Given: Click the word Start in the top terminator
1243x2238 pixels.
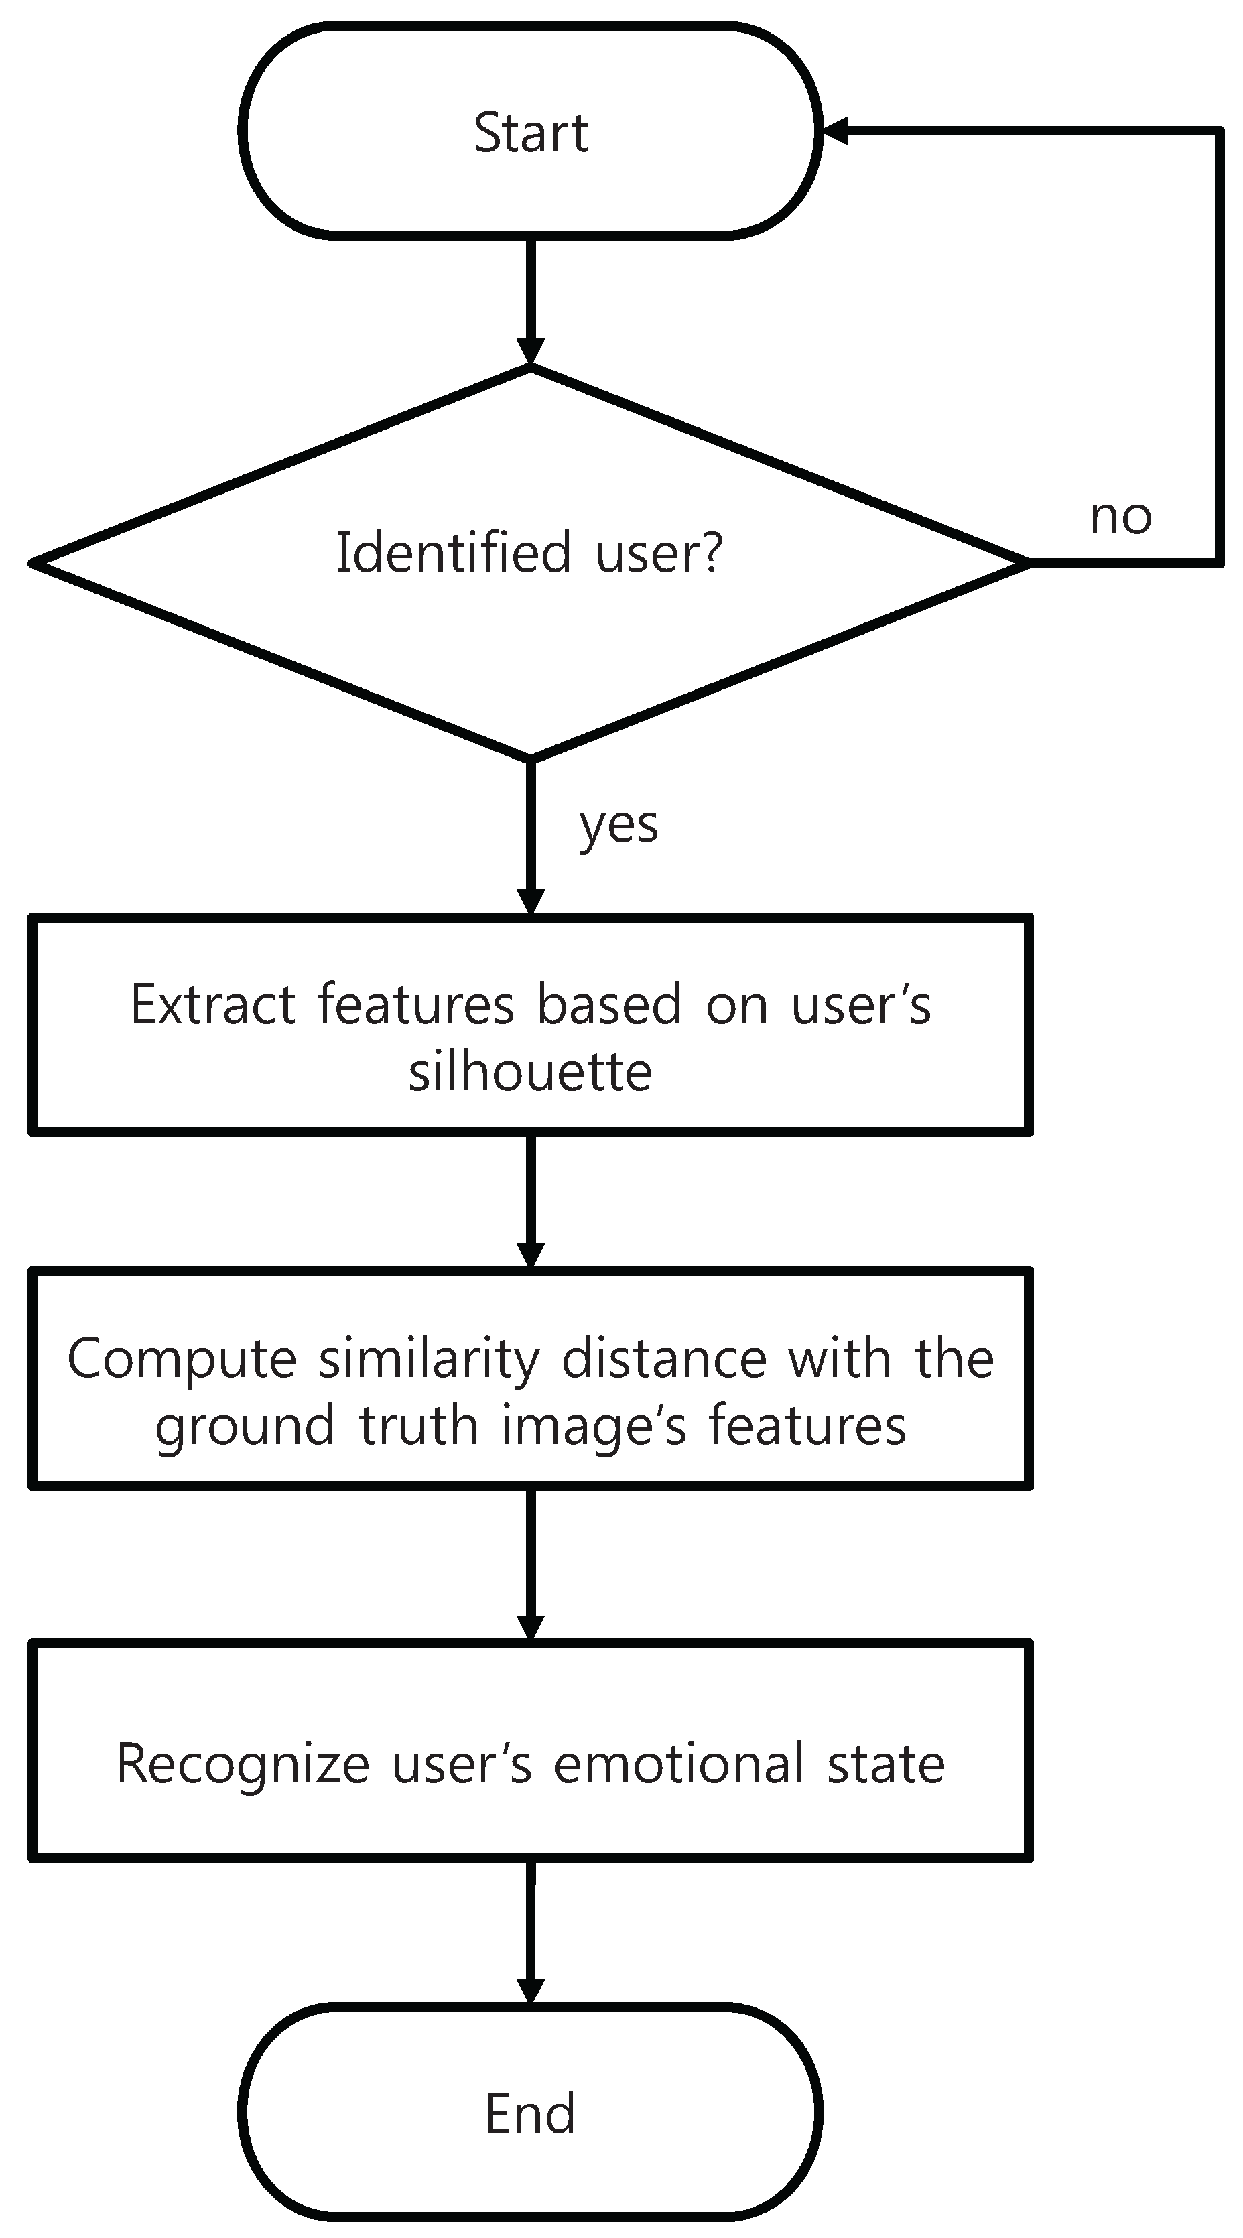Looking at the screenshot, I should coord(530,133).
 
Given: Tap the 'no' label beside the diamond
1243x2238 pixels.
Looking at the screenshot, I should coord(1120,516).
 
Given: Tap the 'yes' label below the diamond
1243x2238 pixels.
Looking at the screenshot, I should coord(618,826).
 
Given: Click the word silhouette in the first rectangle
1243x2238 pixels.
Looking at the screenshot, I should coord(530,1071).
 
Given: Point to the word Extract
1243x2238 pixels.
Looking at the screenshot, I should coord(213,1004).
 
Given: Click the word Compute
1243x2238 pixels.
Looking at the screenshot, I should coord(181,1359).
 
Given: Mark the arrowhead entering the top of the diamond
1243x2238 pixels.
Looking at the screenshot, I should coord(530,351).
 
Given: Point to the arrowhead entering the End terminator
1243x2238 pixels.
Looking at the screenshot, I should coord(530,1990).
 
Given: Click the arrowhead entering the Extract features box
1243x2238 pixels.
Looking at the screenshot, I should coord(530,901).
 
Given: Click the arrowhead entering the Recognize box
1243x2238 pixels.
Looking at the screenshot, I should coord(530,1626).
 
